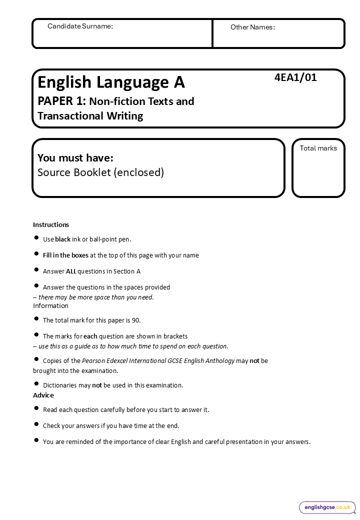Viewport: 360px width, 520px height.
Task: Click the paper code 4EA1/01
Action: click(x=295, y=77)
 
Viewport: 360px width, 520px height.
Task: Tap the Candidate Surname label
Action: click(x=80, y=26)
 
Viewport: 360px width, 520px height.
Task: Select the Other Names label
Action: click(x=252, y=27)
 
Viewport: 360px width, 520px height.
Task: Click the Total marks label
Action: click(x=318, y=148)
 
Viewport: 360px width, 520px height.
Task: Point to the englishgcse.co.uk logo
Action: click(x=327, y=507)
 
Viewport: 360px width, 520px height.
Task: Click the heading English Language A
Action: click(x=111, y=81)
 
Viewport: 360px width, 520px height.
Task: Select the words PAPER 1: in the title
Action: click(x=62, y=101)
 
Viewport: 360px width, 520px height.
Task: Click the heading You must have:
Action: click(x=75, y=158)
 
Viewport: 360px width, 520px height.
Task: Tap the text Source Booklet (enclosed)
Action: click(x=100, y=172)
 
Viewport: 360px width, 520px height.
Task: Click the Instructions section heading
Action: click(x=51, y=224)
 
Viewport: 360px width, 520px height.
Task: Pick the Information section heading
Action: click(x=50, y=305)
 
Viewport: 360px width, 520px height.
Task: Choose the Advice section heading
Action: click(x=43, y=395)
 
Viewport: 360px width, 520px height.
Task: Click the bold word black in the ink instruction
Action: click(x=62, y=239)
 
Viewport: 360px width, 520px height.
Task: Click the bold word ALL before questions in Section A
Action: click(x=71, y=271)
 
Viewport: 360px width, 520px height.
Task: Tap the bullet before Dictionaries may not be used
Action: click(x=36, y=384)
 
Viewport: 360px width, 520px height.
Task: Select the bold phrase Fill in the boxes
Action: click(x=65, y=255)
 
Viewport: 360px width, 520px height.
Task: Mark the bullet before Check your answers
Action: click(x=36, y=424)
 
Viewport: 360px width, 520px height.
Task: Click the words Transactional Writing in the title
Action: click(x=90, y=116)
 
